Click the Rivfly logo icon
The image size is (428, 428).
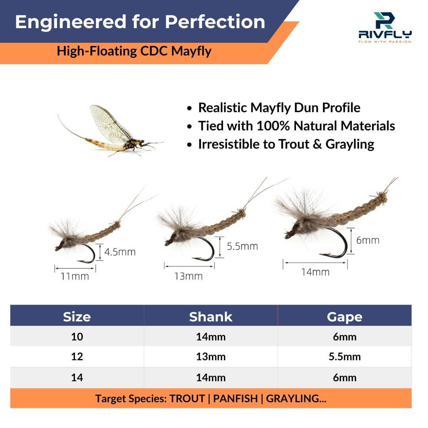(384, 20)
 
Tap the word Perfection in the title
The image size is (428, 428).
(215, 22)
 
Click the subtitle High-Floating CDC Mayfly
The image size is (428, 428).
(134, 51)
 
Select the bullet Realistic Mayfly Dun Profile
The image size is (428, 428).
(279, 108)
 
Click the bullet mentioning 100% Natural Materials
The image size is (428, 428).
(296, 126)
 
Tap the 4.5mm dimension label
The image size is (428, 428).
(120, 252)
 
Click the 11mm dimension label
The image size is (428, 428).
(75, 276)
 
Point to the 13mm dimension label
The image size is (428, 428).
(188, 276)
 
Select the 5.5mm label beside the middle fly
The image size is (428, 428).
(242, 246)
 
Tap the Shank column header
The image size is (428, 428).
(210, 317)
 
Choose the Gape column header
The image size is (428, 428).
(344, 317)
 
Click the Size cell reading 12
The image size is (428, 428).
(77, 357)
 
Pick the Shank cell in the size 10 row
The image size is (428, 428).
(210, 337)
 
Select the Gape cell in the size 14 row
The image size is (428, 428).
(344, 378)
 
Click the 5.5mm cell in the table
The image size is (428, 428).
(344, 357)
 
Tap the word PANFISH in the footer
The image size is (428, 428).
(235, 398)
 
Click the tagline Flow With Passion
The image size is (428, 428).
(384, 41)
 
